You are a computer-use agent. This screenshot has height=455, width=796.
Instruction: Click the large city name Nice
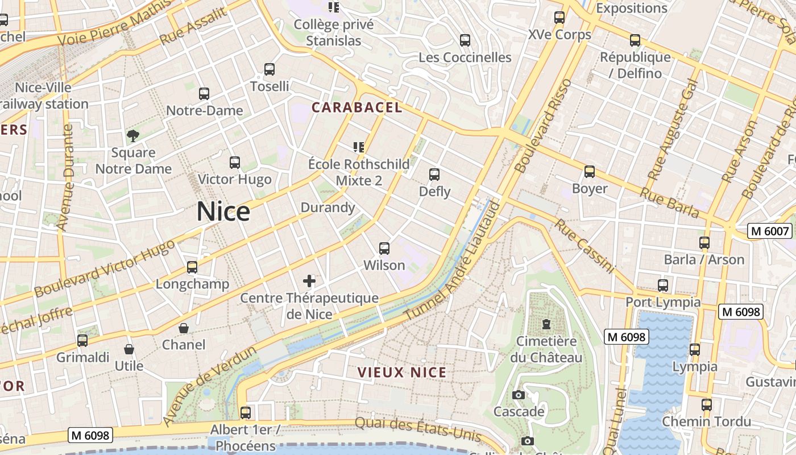(x=223, y=212)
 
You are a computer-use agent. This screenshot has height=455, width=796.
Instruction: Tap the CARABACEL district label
(x=356, y=107)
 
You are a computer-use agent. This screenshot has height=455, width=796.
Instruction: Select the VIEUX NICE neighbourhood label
(x=401, y=373)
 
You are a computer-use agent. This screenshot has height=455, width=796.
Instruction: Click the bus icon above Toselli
(x=270, y=69)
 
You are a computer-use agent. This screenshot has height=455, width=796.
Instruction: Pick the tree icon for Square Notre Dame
(x=133, y=135)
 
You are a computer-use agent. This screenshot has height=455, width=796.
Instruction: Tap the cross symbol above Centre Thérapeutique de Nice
(x=309, y=280)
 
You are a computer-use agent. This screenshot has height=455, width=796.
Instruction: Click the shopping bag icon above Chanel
(x=184, y=328)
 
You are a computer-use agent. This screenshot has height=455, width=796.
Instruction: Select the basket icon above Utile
(x=129, y=349)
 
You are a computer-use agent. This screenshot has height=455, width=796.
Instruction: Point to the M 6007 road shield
(x=770, y=231)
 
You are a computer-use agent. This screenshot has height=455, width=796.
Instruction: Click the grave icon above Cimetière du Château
(x=546, y=324)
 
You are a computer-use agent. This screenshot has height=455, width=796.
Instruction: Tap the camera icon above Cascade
(x=519, y=395)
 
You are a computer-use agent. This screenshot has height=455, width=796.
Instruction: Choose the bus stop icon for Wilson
(x=384, y=248)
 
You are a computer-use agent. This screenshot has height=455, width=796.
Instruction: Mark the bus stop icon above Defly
(x=434, y=174)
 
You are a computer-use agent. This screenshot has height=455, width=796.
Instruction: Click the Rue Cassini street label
(x=585, y=246)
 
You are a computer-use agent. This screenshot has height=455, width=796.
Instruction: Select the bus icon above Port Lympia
(x=663, y=285)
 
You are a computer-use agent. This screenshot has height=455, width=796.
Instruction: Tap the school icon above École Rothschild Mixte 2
(x=358, y=147)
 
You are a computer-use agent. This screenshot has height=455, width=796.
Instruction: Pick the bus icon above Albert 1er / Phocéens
(x=246, y=412)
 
